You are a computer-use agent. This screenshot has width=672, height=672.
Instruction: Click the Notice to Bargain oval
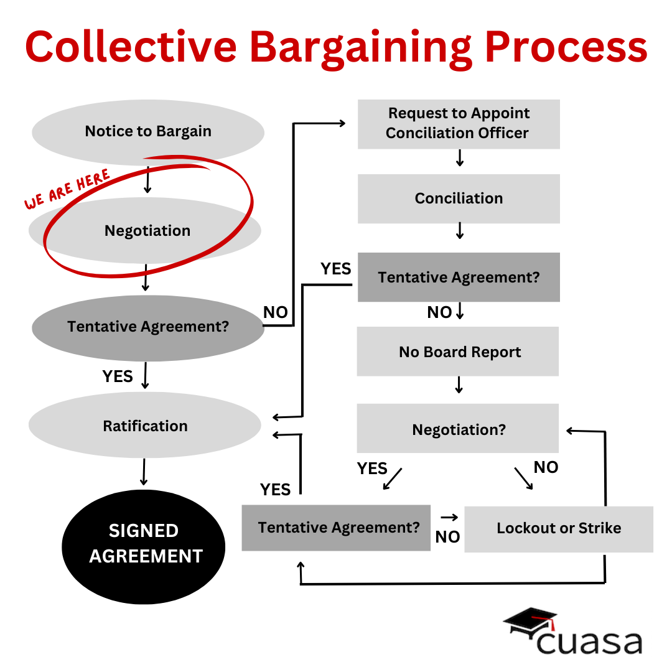point(148,132)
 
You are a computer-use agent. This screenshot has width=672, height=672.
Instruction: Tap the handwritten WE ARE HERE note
point(67,189)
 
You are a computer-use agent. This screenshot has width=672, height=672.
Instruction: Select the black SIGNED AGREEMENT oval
point(144,543)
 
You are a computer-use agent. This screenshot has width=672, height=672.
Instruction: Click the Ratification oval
point(145,426)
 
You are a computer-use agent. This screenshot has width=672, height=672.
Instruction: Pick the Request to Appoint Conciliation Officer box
point(459,123)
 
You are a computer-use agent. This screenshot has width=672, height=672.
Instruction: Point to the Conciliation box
point(459,198)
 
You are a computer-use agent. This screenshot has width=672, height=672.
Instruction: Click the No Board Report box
point(458,352)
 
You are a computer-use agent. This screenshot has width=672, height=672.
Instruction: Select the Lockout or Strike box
point(559,529)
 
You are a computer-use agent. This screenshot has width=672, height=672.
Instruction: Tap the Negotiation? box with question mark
point(458,429)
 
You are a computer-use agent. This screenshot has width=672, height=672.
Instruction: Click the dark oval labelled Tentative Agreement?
point(148,327)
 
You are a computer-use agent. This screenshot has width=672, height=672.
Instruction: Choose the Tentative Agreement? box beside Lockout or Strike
point(336,528)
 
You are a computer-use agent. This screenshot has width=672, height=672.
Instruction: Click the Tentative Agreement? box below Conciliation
point(459,278)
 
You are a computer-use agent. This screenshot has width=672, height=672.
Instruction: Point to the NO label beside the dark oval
point(276,312)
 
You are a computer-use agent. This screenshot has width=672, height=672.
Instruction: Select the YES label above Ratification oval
point(118,376)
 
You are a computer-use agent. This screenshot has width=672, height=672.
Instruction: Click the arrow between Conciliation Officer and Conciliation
point(460,158)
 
